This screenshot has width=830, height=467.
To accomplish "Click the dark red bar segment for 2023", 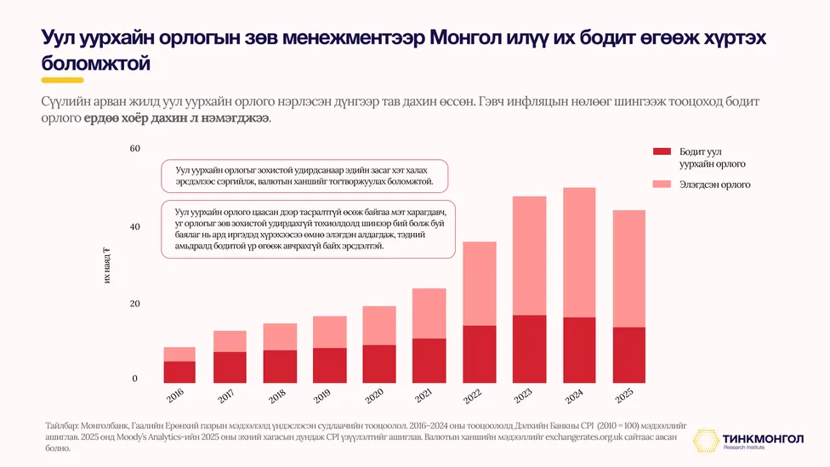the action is click(529, 349).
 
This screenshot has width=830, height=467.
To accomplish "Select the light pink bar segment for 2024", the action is click(579, 253).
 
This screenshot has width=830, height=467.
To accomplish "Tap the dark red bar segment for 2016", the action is click(179, 372).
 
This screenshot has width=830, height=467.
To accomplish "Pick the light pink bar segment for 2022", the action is click(480, 283).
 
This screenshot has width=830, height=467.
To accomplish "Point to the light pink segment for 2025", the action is click(628, 269).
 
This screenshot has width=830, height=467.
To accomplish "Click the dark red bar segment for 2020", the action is click(379, 364).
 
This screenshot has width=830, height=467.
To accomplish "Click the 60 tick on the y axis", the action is click(135, 148).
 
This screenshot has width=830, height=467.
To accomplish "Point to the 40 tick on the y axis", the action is click(135, 226).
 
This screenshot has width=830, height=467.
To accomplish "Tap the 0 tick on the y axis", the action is click(134, 378).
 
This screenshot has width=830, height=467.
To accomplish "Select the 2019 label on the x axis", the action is click(322, 396).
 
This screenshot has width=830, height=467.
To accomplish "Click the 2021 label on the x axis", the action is click(424, 395).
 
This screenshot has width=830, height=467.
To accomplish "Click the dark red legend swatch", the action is click(662, 151).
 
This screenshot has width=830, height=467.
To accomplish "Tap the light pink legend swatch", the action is click(662, 185).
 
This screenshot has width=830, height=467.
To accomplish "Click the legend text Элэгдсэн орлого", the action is click(714, 185).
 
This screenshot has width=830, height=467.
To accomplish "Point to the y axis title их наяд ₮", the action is click(107, 265).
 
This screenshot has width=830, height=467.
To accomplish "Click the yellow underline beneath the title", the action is click(62, 81).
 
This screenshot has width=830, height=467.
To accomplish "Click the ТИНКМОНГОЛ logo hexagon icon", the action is click(706, 441).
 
